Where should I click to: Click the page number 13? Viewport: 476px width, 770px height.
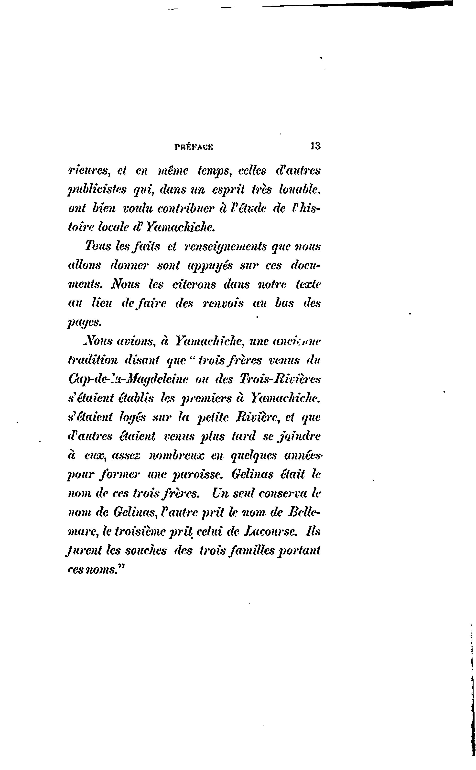[x=315, y=146]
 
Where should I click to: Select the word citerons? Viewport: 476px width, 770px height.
[x=194, y=285]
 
